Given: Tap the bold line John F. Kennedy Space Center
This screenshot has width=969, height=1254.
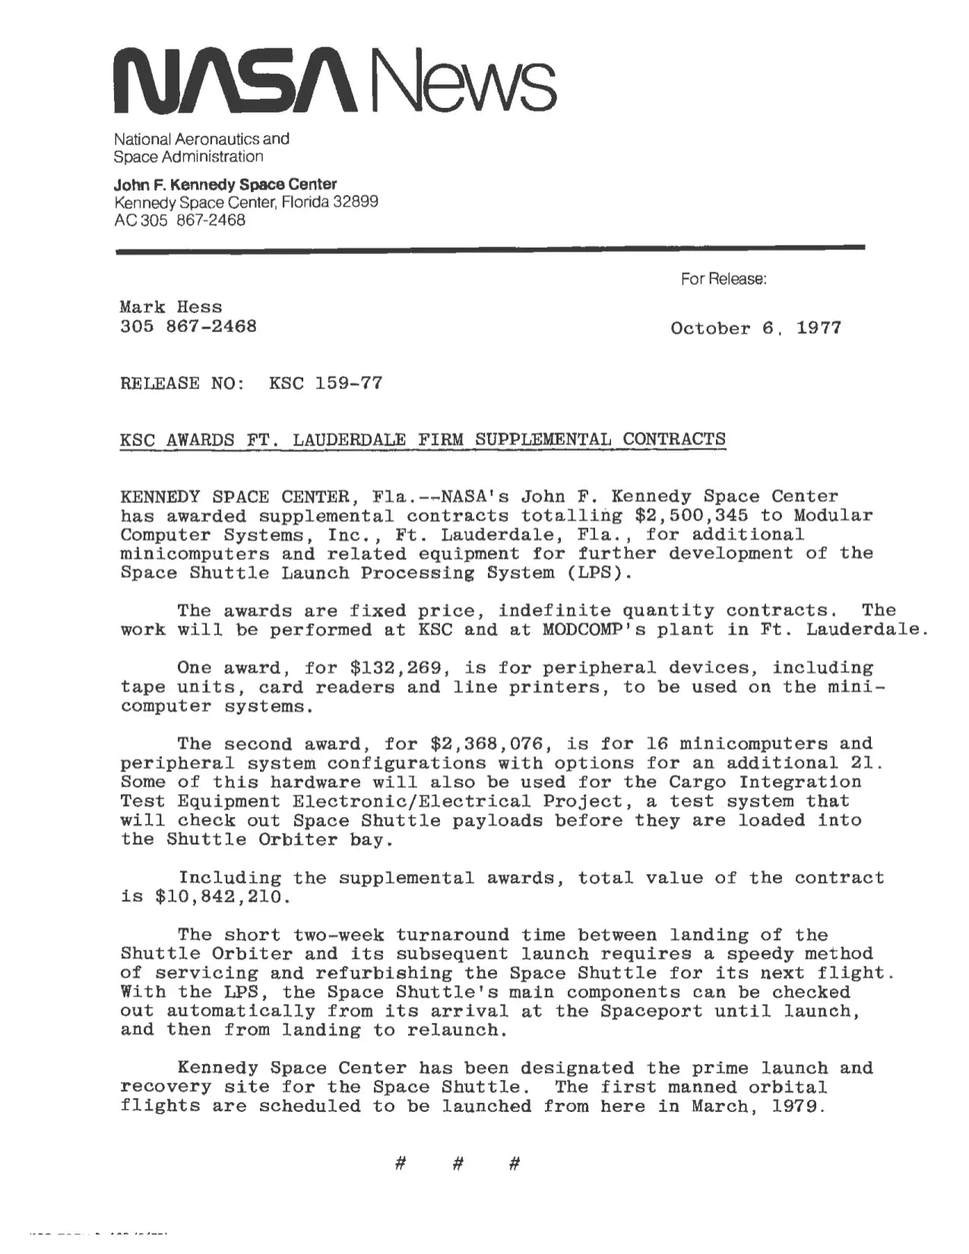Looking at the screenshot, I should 225,184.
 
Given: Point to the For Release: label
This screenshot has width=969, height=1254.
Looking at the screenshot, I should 724,279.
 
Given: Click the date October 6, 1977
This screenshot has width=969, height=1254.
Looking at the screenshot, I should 755,328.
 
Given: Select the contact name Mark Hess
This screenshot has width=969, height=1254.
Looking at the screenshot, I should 171,307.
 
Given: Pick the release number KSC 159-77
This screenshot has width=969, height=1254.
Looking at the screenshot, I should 325,383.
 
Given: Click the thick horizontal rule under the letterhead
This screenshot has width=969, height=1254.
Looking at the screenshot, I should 490,248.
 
